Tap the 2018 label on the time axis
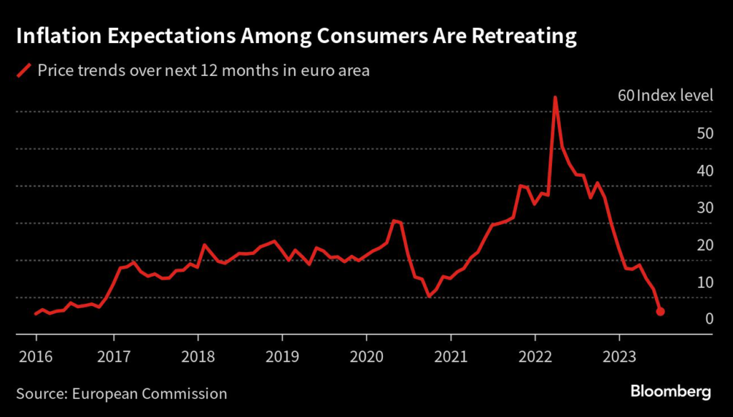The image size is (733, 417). [x=198, y=356]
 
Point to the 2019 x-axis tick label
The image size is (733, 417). [x=282, y=356]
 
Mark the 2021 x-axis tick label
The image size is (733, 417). [x=450, y=356]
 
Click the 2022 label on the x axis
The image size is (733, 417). [x=535, y=356]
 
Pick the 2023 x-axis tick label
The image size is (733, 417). [x=618, y=356]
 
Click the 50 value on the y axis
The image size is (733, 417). [x=705, y=133]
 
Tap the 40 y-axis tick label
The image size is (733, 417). [x=705, y=171]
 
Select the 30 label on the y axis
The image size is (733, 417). [x=705, y=208]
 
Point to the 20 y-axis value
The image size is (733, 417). [x=705, y=245]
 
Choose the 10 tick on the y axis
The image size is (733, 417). [x=705, y=282]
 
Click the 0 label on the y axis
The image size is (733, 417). [x=709, y=319]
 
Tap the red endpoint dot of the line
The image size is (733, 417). [x=660, y=312]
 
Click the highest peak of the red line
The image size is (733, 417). [x=555, y=97]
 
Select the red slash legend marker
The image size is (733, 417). [x=24, y=70]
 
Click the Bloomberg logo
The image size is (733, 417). [x=671, y=392]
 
